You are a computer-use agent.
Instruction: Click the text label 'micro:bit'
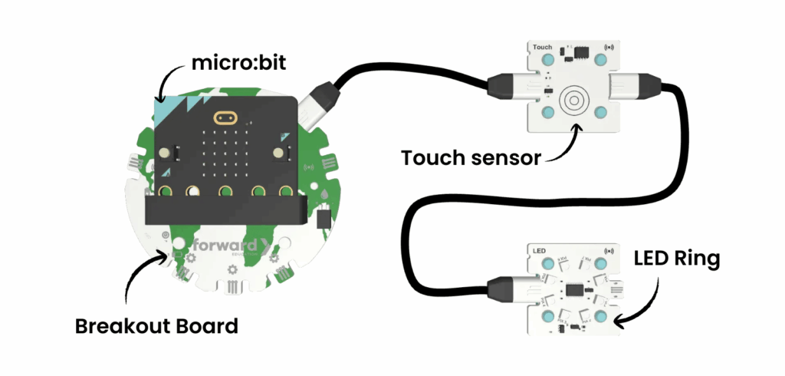[x=231, y=62]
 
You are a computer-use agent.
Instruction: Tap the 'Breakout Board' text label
[x=156, y=325]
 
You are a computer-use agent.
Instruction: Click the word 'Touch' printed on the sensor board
[x=542, y=48]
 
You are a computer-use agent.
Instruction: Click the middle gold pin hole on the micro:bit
[x=225, y=190]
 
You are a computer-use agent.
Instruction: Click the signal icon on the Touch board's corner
[x=612, y=46]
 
